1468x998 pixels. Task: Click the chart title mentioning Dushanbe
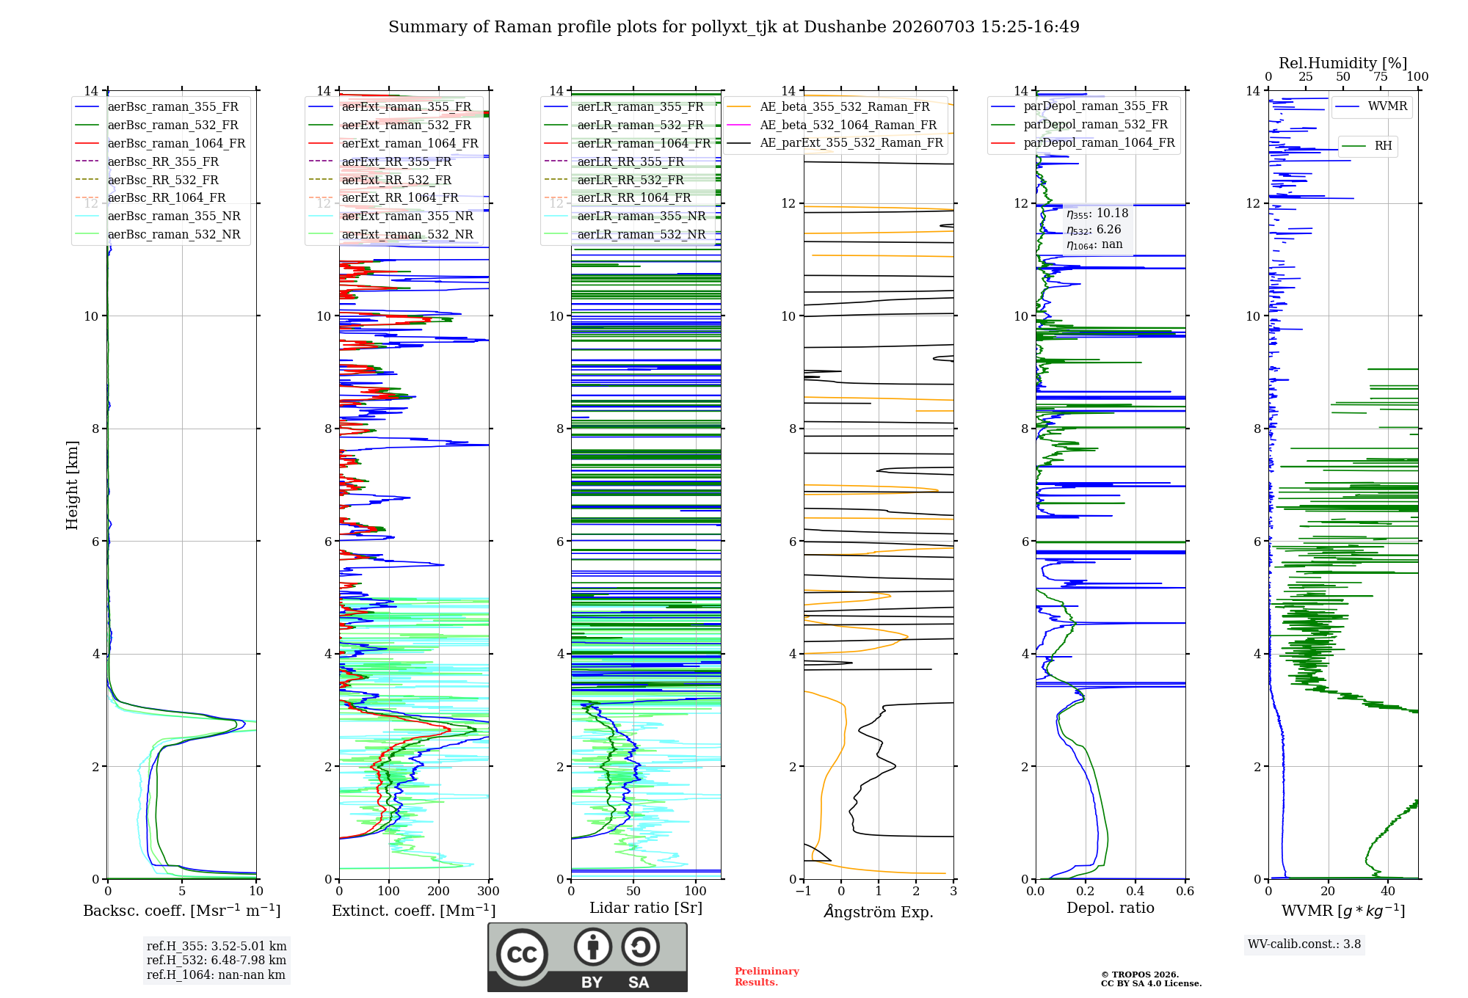click(734, 27)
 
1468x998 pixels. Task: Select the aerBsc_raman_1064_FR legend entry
click(160, 143)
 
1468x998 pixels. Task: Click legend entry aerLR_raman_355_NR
click(625, 216)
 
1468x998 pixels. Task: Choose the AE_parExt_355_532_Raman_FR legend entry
click(835, 142)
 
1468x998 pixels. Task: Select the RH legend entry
click(1367, 146)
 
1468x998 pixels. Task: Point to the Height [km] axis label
click(72, 485)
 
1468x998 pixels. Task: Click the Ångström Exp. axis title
click(879, 911)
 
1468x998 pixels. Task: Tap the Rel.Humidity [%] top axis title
click(1342, 63)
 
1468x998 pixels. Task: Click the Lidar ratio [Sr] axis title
click(646, 908)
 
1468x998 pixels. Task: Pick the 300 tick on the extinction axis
click(488, 892)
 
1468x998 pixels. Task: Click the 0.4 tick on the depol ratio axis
click(1135, 892)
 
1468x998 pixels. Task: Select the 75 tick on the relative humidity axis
click(1381, 77)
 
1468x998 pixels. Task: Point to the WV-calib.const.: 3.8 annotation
click(1304, 944)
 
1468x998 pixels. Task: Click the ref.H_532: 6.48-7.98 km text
click(217, 960)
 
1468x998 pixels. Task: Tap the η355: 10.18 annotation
click(1097, 214)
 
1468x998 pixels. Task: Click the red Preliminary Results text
click(767, 977)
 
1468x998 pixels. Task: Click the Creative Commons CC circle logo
click(522, 955)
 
